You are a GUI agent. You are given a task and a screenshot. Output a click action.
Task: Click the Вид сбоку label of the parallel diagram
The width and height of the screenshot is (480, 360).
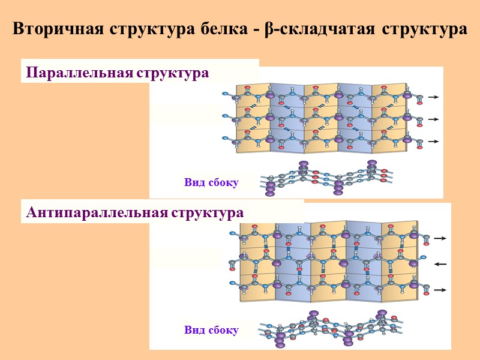tap(211, 182)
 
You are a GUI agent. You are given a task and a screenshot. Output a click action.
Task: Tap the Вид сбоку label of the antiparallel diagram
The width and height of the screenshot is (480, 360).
tap(211, 330)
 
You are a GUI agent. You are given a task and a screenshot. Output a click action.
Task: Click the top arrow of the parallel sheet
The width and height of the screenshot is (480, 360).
tap(434, 97)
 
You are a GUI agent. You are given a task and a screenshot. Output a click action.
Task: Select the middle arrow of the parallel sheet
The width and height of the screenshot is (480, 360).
tap(434, 119)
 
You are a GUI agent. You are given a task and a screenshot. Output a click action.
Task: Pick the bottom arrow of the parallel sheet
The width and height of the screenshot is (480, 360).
tap(434, 142)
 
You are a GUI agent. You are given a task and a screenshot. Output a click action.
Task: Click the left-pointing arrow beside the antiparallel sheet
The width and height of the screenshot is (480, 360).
tap(441, 264)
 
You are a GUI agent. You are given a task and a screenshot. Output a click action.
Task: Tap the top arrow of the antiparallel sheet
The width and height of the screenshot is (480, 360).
tap(441, 238)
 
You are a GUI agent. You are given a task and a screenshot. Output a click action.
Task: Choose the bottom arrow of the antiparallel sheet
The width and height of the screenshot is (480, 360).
tap(441, 290)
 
